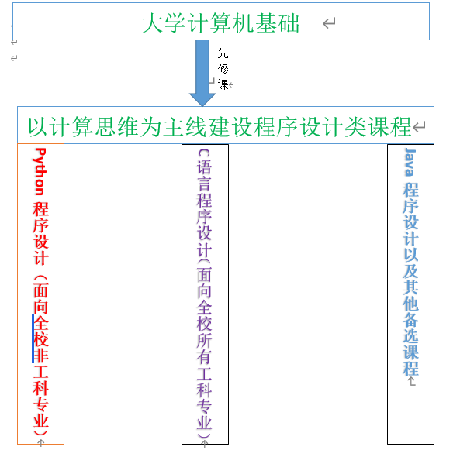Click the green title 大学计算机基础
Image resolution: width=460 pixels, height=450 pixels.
(x=220, y=23)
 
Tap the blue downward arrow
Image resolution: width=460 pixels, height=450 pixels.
(x=202, y=73)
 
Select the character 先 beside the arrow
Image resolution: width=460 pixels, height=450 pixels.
(x=223, y=53)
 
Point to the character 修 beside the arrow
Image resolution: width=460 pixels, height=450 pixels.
(x=223, y=69)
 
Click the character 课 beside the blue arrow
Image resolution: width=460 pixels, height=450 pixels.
(x=223, y=84)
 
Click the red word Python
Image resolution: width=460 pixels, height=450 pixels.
(x=40, y=172)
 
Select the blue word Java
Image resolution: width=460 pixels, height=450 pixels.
(x=410, y=162)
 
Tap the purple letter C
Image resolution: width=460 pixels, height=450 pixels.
(x=204, y=153)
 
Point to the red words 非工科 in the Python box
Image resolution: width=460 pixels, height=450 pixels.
(x=40, y=372)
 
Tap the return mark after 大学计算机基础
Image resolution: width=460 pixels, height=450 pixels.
(x=329, y=23)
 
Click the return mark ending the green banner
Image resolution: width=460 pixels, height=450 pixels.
(x=419, y=127)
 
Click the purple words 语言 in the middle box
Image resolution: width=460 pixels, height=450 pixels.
(x=204, y=175)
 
